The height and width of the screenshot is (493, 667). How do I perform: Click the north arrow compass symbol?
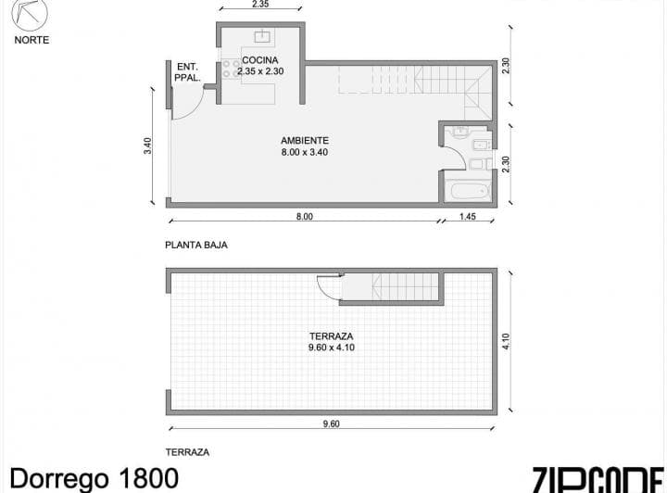coord(31,16)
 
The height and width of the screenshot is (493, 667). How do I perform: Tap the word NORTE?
coord(31,40)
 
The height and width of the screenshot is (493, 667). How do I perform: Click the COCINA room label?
coord(258,60)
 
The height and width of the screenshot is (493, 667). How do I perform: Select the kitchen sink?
coord(262,37)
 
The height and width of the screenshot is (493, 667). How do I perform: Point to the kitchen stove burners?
coord(227,71)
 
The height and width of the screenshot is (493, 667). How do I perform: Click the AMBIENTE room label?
coord(305,141)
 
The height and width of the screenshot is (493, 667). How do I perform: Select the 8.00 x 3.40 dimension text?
coord(305,152)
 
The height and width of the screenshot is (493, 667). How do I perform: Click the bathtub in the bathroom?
coord(467,192)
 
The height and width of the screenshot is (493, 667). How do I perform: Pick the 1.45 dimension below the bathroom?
coord(468,217)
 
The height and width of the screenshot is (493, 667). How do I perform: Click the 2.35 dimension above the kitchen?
coord(259,5)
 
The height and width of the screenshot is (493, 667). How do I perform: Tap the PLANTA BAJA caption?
coord(195,246)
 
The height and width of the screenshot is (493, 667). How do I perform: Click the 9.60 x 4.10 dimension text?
coord(332,348)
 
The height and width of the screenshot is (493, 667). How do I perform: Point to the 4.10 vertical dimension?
coord(506,343)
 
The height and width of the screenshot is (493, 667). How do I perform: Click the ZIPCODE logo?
coord(598,478)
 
